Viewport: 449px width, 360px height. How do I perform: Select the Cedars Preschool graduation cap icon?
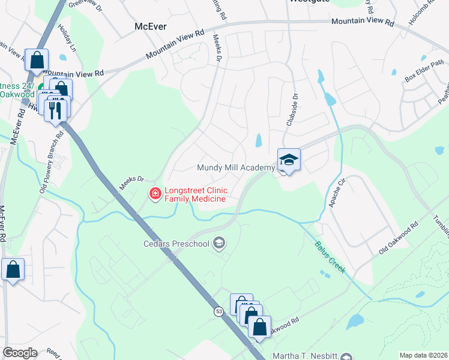click(219, 243)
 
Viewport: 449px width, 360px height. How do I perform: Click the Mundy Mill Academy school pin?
click(289, 160)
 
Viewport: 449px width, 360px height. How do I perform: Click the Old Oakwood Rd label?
click(398, 239)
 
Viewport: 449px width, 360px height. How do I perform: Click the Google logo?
click(20, 353)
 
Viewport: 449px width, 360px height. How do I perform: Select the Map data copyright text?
click(423, 355)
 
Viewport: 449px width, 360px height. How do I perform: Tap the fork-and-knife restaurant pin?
click(56, 110)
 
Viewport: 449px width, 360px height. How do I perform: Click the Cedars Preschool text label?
click(176, 244)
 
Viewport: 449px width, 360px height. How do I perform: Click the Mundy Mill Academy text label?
click(236, 167)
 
